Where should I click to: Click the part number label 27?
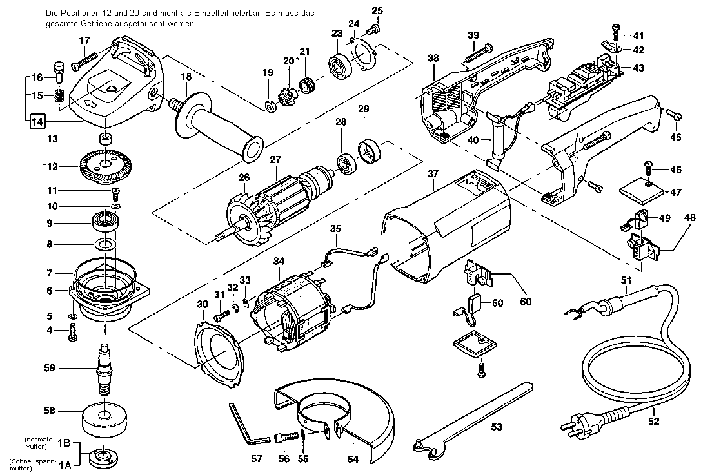click(x=275, y=160)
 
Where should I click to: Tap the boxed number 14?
click(x=37, y=122)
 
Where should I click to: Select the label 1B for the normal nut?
click(x=64, y=443)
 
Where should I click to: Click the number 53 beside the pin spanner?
click(x=497, y=427)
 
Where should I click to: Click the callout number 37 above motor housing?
click(x=433, y=174)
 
